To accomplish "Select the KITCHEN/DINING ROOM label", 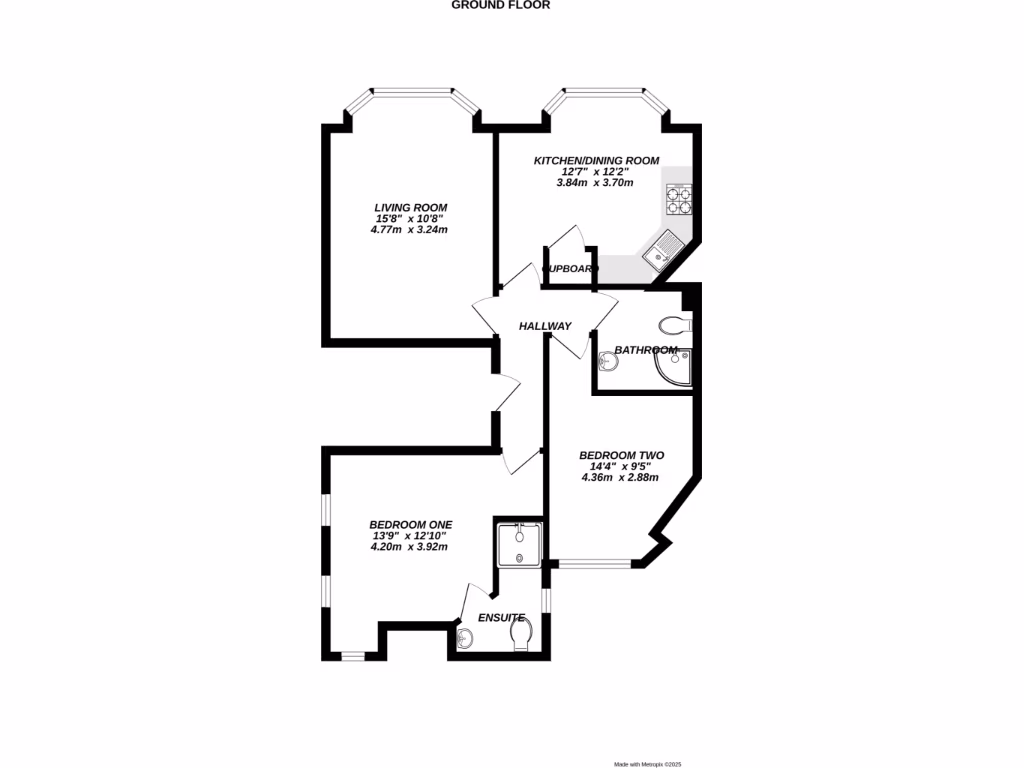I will tap(596, 160).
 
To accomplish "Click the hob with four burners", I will tap(680, 199).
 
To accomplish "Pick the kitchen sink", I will tap(660, 251).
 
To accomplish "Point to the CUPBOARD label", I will tap(569, 269).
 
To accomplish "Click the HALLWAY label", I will tap(545, 326).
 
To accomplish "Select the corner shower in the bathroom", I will tap(673, 367).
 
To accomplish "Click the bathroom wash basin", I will tap(608, 362).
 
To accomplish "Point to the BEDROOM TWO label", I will tap(621, 455).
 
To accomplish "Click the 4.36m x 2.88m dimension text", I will tap(621, 477).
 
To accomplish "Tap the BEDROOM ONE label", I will tap(410, 524).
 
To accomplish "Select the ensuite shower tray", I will tap(518, 544).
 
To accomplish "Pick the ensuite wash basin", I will tap(466, 637).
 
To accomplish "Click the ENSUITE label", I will tap(501, 618).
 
